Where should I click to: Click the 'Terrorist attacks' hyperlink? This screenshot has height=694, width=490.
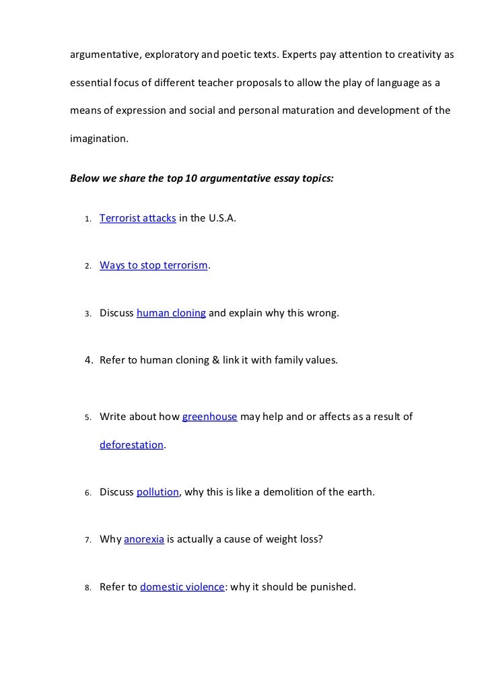(138, 218)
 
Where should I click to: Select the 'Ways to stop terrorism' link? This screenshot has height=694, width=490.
(153, 265)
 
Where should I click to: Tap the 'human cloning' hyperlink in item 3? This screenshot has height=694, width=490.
(171, 312)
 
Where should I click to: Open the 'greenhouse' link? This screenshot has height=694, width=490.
(210, 417)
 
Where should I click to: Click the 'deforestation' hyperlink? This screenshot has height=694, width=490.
(131, 445)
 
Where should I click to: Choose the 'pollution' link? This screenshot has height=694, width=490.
(157, 492)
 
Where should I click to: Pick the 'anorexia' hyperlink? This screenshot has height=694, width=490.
(144, 539)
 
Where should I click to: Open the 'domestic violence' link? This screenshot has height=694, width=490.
(182, 586)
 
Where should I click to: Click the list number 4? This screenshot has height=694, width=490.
(87, 360)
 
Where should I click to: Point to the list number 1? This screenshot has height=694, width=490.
(87, 219)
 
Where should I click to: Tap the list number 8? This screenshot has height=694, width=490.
(87, 587)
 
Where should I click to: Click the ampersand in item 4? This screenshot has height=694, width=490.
(215, 360)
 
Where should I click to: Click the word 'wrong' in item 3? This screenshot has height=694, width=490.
(322, 312)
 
